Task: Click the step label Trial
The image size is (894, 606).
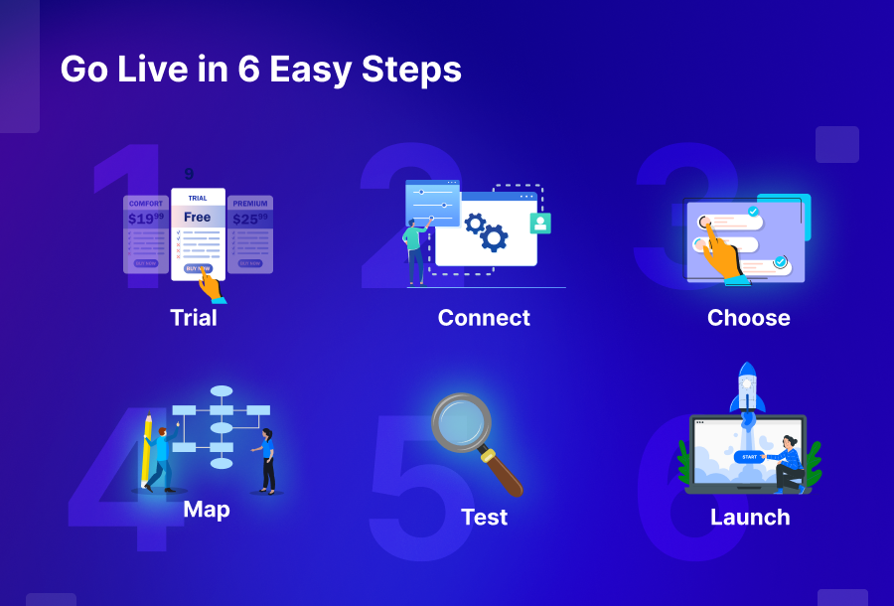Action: (193, 318)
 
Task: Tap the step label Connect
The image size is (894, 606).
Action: (484, 318)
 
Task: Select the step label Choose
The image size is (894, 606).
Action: (748, 318)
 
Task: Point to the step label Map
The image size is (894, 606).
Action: (207, 510)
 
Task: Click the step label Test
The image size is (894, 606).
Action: (484, 517)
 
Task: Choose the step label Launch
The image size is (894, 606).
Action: (750, 517)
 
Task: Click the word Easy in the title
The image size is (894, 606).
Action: (320, 70)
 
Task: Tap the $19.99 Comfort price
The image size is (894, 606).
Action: (145, 219)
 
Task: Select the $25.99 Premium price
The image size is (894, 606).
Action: (250, 219)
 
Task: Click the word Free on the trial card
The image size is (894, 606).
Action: (198, 217)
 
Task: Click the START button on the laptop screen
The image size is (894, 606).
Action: (749, 457)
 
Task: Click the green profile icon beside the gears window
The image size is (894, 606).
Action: (539, 223)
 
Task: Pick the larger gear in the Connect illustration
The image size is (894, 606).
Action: (493, 236)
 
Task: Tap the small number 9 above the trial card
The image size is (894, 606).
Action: (189, 174)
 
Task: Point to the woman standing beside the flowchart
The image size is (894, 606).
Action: (267, 460)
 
